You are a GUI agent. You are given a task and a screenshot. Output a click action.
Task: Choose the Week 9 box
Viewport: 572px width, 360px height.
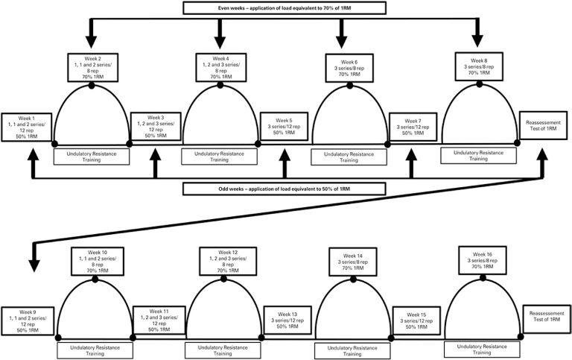(28, 320)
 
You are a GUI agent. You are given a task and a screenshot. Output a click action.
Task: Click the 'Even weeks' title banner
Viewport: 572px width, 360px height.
(285, 8)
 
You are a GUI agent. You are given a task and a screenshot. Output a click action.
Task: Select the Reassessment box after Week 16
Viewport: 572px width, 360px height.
(547, 318)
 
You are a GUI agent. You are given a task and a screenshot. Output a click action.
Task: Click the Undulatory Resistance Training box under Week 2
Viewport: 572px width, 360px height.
(92, 156)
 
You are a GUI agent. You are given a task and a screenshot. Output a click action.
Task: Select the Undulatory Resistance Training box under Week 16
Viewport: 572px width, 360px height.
(480, 347)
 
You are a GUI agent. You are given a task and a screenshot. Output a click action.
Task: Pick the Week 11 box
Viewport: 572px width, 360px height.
(159, 319)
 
